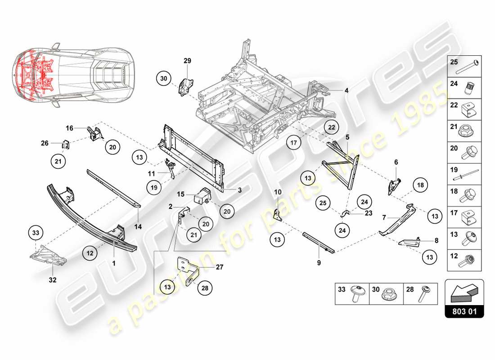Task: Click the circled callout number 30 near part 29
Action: pyautogui.click(x=163, y=78)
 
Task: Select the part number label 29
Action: pyautogui.click(x=187, y=60)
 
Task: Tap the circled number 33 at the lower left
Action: pyautogui.click(x=36, y=233)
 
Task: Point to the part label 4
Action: pyautogui.click(x=346, y=90)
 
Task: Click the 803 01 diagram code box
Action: pyautogui.click(x=464, y=310)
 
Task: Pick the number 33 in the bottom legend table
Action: pyautogui.click(x=342, y=289)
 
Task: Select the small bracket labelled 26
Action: pyautogui.click(x=66, y=144)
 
